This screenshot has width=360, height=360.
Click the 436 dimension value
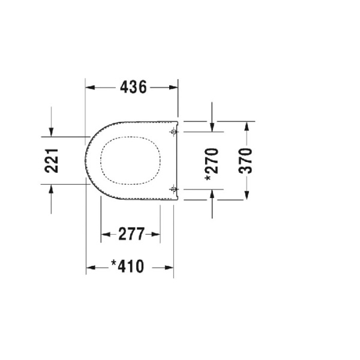(133, 88)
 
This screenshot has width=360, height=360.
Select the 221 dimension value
(52, 161)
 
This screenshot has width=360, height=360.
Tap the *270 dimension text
(212, 161)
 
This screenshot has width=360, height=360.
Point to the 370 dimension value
(246, 161)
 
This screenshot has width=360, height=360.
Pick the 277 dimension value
(131, 235)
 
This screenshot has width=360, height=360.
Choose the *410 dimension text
(128, 266)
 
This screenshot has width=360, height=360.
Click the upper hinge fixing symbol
(173, 131)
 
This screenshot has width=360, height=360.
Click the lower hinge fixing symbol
(173, 190)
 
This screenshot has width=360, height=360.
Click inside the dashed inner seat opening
(131, 161)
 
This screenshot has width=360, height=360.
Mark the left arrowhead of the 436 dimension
(90, 88)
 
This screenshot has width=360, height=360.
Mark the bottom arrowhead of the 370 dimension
(246, 196)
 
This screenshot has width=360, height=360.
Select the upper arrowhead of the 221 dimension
(52, 133)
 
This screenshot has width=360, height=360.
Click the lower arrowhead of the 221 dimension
(52, 188)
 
